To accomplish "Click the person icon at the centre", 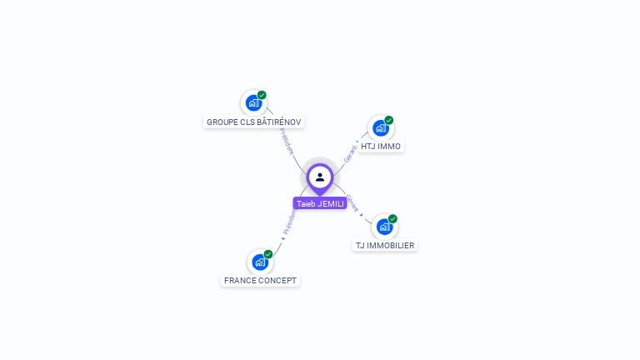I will (320, 177).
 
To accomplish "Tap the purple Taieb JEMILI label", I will (320, 203).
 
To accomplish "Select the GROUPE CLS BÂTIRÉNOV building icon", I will (253, 102).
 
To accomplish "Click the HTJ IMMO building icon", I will (381, 127).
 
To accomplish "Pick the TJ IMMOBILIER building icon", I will (384, 226).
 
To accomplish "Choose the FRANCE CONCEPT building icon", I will (260, 262).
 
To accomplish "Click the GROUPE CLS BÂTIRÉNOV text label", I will (254, 122).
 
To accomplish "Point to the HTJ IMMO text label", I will (381, 147).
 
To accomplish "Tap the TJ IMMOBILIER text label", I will (384, 246).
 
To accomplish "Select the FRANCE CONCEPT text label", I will (260, 281).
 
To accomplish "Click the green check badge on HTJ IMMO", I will (389, 120).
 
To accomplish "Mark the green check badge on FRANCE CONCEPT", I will (268, 254).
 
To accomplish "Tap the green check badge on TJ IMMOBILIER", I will (392, 218).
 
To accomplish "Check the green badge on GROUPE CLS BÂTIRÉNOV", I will (262, 95).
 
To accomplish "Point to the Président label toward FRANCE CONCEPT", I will (288, 222).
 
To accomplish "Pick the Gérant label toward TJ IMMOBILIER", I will (352, 203).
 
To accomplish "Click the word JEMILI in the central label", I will (330, 203).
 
